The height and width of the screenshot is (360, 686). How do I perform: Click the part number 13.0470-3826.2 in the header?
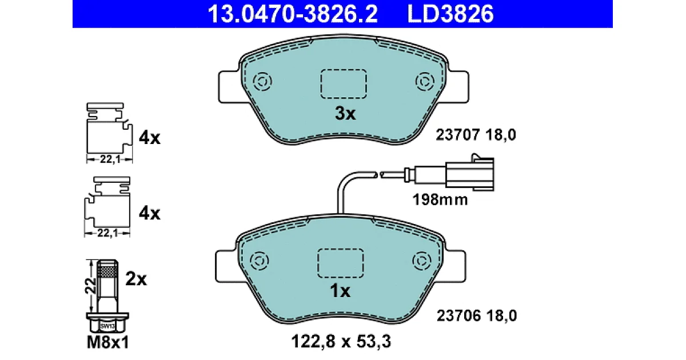click(293, 14)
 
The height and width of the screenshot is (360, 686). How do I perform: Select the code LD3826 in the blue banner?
click(450, 14)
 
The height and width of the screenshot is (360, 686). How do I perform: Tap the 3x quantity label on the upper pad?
click(345, 114)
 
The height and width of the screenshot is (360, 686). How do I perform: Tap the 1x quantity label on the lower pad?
click(340, 291)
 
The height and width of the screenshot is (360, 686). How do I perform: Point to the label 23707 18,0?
click(476, 135)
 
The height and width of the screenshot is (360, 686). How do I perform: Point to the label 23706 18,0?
click(477, 315)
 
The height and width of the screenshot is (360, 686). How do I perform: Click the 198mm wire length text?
click(440, 200)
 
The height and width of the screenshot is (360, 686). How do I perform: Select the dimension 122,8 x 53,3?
click(341, 341)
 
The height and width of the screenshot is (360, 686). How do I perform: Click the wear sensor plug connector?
click(469, 174)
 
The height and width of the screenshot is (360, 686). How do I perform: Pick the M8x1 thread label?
click(108, 342)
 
